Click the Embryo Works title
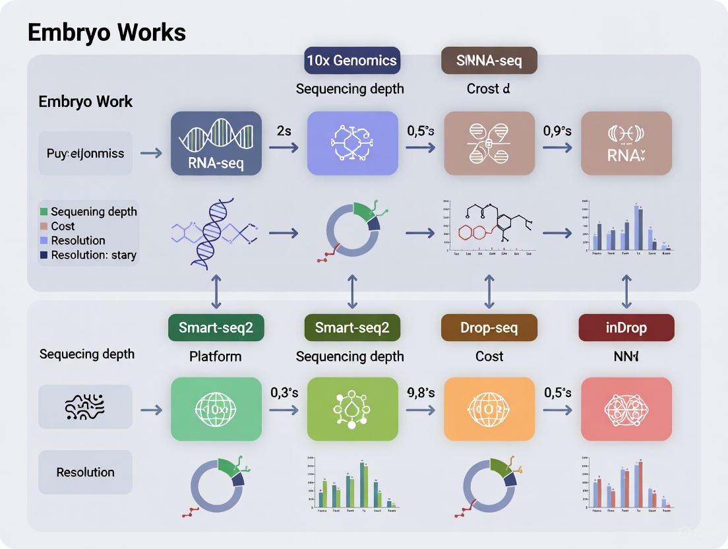click(x=107, y=32)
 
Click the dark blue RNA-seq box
click(x=217, y=143)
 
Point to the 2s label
click(x=284, y=131)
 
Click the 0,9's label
click(x=557, y=131)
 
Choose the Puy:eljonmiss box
click(x=85, y=153)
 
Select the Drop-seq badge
click(x=489, y=327)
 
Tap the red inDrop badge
click(x=626, y=327)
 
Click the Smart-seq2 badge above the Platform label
click(x=216, y=327)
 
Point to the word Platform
click(x=216, y=356)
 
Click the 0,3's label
click(x=284, y=393)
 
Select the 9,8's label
click(x=421, y=393)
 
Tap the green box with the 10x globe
click(x=216, y=409)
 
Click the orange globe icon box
click(x=489, y=409)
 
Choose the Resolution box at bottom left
click(x=85, y=472)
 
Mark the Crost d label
click(x=488, y=88)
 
